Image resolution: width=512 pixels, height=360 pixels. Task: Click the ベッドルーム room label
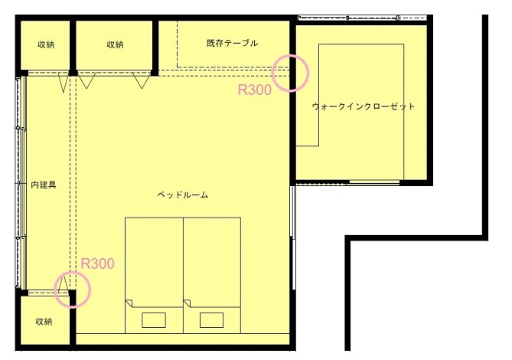click(x=183, y=195)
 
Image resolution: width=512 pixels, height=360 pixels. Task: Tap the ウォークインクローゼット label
click(x=364, y=106)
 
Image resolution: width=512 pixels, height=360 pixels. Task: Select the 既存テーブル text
click(x=232, y=43)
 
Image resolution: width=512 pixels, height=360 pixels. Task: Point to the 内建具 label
click(x=44, y=185)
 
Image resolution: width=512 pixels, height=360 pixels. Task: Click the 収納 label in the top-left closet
click(x=46, y=44)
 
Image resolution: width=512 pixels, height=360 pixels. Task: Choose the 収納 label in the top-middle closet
click(x=115, y=44)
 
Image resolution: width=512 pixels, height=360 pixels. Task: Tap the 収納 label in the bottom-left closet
click(x=44, y=322)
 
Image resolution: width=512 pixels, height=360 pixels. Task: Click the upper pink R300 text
click(x=254, y=90)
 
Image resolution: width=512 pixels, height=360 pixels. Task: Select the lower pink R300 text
click(x=97, y=263)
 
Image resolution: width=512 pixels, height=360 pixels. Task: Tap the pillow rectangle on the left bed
click(x=154, y=320)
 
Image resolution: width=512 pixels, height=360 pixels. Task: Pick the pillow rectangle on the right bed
click(x=211, y=320)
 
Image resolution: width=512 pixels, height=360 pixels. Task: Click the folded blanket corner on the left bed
click(x=129, y=303)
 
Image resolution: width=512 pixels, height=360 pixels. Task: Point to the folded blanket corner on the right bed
click(x=187, y=303)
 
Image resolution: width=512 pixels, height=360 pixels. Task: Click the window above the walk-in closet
click(x=363, y=18)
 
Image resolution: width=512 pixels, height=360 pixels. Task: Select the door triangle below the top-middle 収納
click(x=142, y=80)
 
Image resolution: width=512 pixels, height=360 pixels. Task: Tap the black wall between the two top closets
click(x=73, y=46)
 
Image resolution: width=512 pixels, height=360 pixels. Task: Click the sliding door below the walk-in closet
click(x=374, y=182)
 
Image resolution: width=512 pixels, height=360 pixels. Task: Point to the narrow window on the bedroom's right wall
click(x=293, y=211)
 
